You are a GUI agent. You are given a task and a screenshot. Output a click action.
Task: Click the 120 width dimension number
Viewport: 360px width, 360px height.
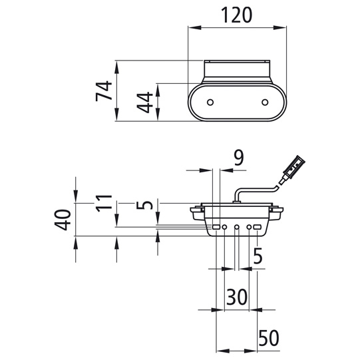(x=237, y=15)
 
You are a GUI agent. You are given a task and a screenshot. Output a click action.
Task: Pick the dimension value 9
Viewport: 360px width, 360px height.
(x=238, y=158)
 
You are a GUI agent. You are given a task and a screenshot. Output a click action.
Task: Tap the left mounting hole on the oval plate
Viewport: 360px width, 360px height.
(x=210, y=102)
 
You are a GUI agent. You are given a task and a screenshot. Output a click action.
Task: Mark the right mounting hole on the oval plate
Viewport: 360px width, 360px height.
(x=265, y=102)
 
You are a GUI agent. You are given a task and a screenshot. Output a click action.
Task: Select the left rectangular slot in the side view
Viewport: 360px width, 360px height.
(x=216, y=228)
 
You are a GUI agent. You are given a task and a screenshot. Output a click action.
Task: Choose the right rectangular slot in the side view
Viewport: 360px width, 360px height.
(x=258, y=228)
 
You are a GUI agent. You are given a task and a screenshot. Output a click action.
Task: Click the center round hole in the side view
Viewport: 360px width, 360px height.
(x=237, y=228)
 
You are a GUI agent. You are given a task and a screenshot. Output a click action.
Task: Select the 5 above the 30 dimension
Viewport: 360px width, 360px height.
(x=258, y=255)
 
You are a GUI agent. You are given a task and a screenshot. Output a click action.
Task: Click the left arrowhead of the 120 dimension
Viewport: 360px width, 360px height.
(x=192, y=28)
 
